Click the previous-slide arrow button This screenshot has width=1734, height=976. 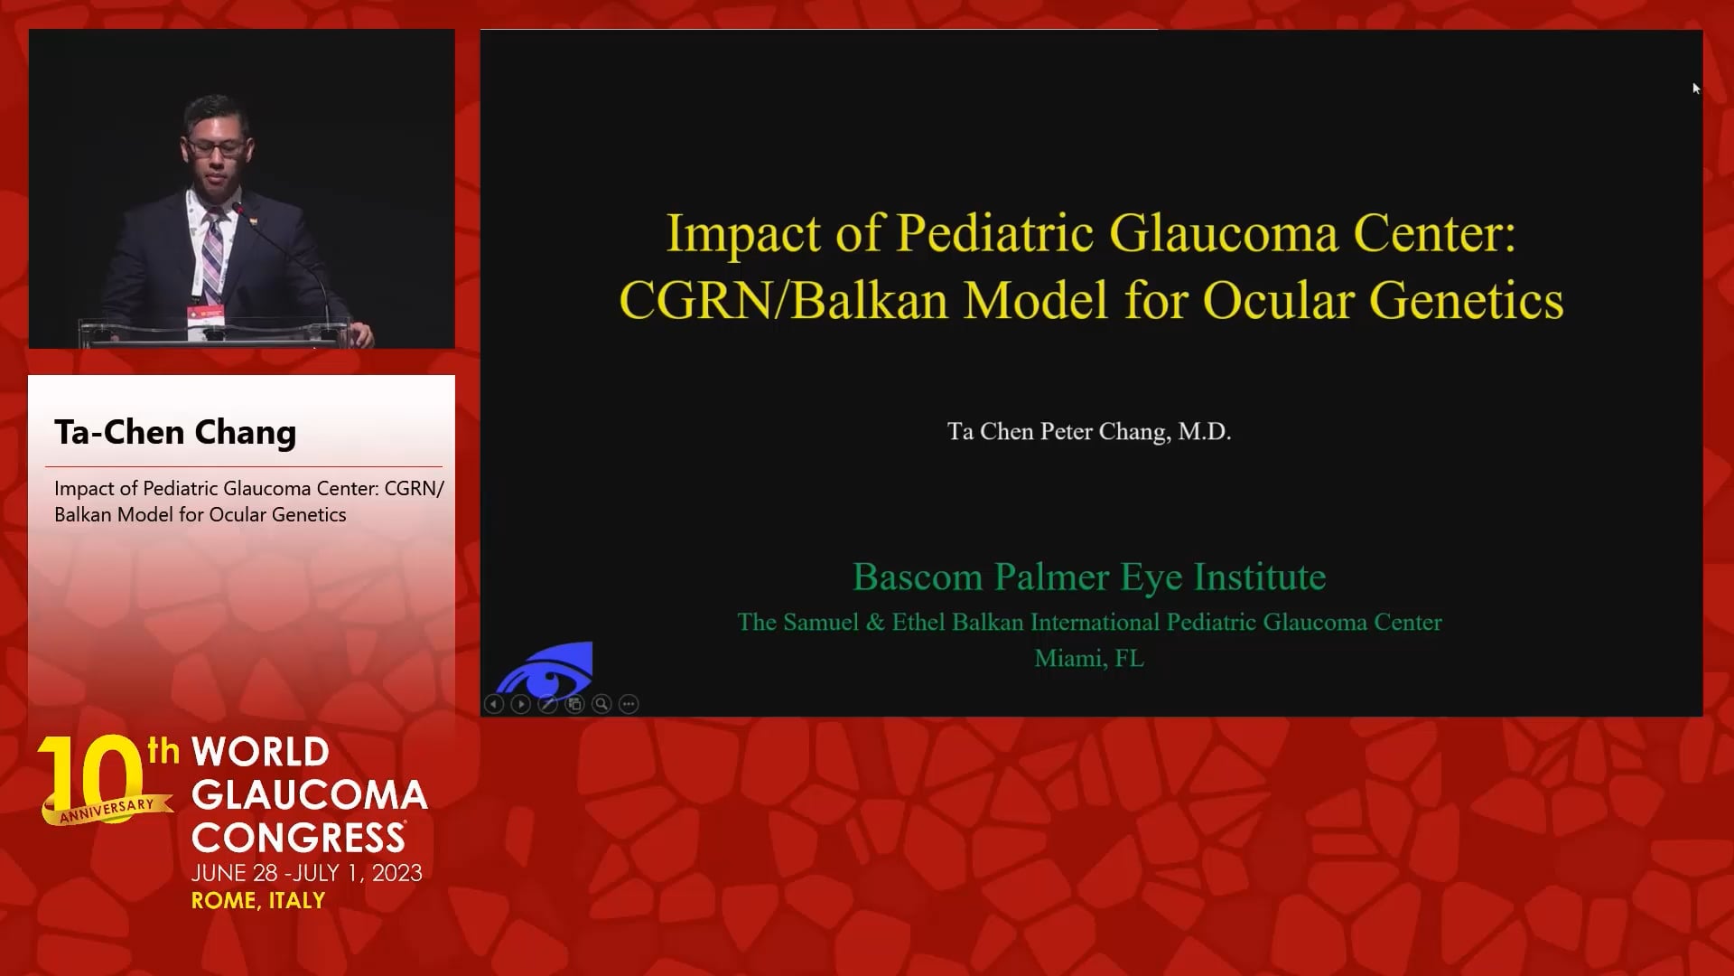[x=494, y=704]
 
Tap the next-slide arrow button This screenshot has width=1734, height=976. [x=521, y=704]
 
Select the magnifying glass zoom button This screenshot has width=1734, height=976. [x=602, y=704]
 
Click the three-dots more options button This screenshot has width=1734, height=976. [x=629, y=704]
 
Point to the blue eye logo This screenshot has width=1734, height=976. [x=545, y=670]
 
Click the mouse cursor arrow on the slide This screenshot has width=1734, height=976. [x=1696, y=88]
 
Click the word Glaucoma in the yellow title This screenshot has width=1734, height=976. [x=1224, y=233]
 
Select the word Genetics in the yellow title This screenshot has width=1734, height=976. [x=1467, y=301]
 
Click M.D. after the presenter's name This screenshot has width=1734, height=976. [x=1205, y=432]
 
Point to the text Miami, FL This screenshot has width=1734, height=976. [x=1089, y=659]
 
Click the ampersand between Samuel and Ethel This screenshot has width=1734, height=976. [x=875, y=623]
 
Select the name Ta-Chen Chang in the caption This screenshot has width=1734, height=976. [x=175, y=433]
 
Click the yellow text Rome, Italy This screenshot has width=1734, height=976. [x=258, y=901]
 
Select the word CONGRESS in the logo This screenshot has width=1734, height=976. [x=298, y=838]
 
